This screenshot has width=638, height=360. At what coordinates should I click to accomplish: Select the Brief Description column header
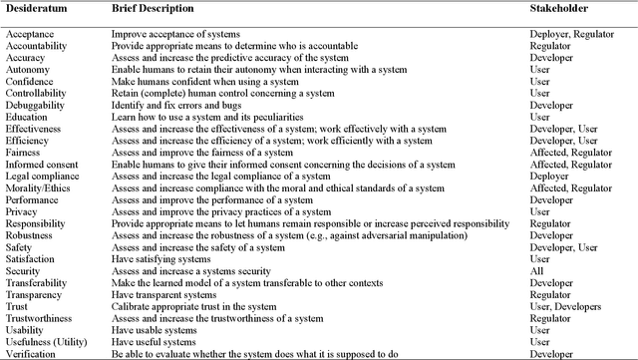point(155,9)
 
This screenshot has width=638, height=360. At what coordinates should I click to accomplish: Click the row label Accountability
point(37,46)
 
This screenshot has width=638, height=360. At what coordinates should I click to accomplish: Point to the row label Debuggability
point(35,105)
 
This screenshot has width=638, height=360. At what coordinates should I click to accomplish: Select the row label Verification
point(30,354)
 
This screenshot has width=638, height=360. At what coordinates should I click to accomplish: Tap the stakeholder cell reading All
point(536,270)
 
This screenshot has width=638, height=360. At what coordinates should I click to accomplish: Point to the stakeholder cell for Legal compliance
point(549,176)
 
